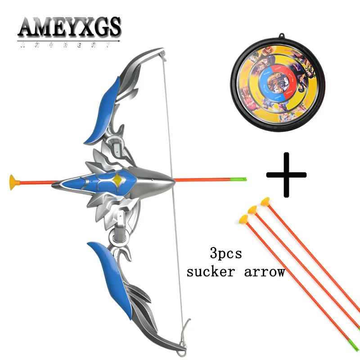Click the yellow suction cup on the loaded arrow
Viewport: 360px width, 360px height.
[14, 182]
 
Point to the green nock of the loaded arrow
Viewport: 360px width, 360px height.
[243, 180]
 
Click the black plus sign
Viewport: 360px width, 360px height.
[286, 175]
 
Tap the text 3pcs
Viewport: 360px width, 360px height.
[225, 253]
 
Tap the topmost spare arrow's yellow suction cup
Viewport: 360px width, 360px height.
[265, 202]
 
